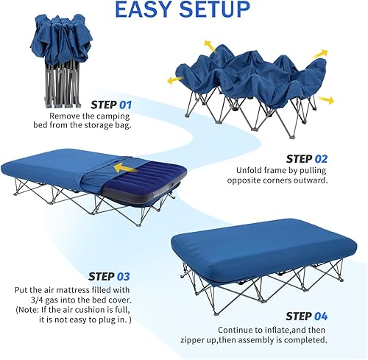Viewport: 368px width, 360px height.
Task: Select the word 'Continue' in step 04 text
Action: point(236,329)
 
